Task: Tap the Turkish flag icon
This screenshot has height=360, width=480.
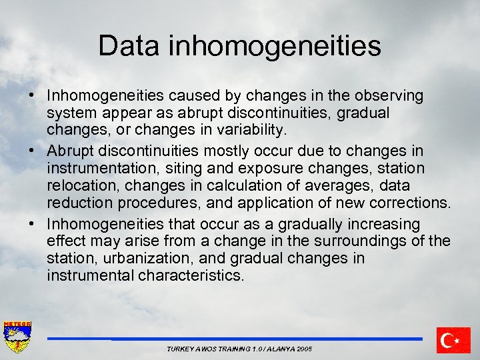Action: coord(453,340)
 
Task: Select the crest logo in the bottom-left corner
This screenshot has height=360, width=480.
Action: coord(17,337)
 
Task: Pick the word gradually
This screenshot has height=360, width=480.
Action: coord(305,223)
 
